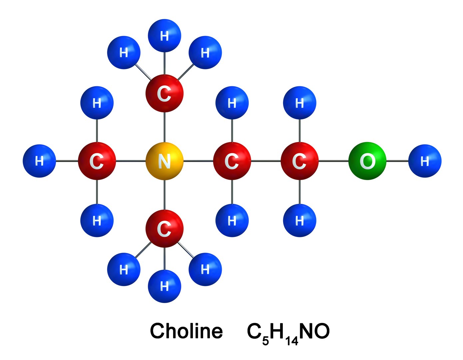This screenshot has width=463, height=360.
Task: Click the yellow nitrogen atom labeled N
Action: (x=164, y=161)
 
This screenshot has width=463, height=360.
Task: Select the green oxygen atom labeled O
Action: (x=367, y=161)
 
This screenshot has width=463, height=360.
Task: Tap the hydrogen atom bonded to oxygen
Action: (x=425, y=161)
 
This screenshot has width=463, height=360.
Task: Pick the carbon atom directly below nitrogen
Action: (x=164, y=229)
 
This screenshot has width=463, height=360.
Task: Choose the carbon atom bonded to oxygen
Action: (x=299, y=161)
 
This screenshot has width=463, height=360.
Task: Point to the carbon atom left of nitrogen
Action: (x=97, y=161)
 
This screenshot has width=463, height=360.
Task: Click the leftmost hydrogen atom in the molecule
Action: (x=39, y=161)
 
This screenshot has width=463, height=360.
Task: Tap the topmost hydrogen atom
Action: (x=164, y=35)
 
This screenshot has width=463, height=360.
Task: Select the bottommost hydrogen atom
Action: (x=164, y=286)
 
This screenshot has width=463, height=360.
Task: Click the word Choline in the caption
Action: (x=186, y=331)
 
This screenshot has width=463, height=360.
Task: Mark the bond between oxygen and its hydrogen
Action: (x=397, y=161)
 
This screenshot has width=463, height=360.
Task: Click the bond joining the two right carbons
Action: (x=265, y=161)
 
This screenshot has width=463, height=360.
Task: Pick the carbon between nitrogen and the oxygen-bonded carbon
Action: (x=232, y=161)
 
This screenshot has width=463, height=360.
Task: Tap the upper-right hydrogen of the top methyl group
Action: (x=205, y=52)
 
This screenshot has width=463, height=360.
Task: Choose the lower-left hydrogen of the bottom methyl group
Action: (x=124, y=269)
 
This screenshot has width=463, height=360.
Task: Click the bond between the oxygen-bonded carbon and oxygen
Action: (x=333, y=161)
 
